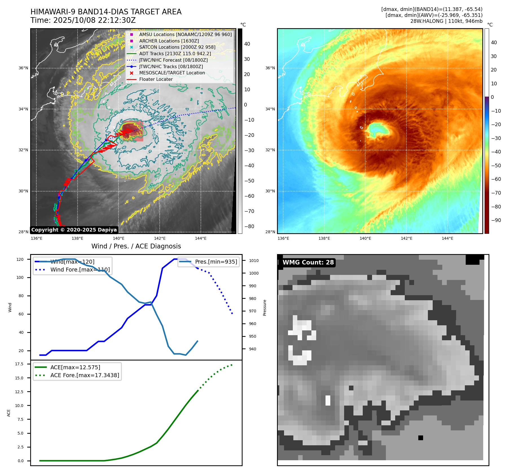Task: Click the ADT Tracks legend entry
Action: click(175, 54)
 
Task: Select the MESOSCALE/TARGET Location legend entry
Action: click(172, 73)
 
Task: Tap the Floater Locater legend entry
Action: click(156, 79)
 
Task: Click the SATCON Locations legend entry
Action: click(177, 47)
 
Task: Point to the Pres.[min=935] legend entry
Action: click(216, 262)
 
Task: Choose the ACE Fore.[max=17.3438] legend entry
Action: click(85, 375)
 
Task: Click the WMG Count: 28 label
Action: click(308, 263)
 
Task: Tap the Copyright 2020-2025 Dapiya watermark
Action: click(74, 230)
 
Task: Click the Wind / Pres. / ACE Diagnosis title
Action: click(136, 246)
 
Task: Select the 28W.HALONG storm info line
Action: click(446, 21)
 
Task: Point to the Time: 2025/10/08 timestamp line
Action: click(83, 20)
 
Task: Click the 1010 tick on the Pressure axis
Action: click(254, 261)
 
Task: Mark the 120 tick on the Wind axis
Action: click(20, 259)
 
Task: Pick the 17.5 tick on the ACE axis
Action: click(19, 364)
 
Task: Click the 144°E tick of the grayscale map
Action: click(201, 238)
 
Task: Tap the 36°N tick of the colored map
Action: click(270, 68)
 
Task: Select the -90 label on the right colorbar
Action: click(496, 220)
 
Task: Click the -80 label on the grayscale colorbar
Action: click(249, 226)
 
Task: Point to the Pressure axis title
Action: click(265, 308)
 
